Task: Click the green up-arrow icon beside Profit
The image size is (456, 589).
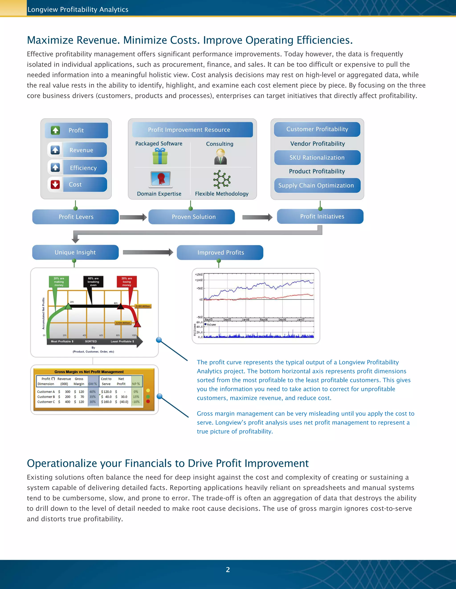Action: [x=55, y=130]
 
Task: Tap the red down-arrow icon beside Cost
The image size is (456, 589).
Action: [x=55, y=184]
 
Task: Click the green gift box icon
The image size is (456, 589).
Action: [x=160, y=156]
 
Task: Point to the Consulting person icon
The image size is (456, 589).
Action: [x=220, y=157]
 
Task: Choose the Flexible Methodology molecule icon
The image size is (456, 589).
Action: [x=222, y=179]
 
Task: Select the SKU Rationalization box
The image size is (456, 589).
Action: [x=317, y=158]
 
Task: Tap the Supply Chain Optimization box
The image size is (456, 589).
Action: [x=317, y=186]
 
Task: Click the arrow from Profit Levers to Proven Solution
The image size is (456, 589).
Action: [x=133, y=217]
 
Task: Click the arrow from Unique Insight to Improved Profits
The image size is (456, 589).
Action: [x=148, y=252]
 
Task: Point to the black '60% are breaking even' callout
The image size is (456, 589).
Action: [x=93, y=282]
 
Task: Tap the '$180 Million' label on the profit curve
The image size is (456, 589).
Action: [x=143, y=306]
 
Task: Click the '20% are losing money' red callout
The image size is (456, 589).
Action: [x=127, y=282]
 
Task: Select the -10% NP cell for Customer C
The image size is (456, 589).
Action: [x=136, y=402]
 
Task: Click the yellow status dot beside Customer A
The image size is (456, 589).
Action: [x=148, y=390]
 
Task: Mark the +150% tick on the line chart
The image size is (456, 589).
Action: [x=199, y=274]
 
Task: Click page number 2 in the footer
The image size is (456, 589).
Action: [x=228, y=570]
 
